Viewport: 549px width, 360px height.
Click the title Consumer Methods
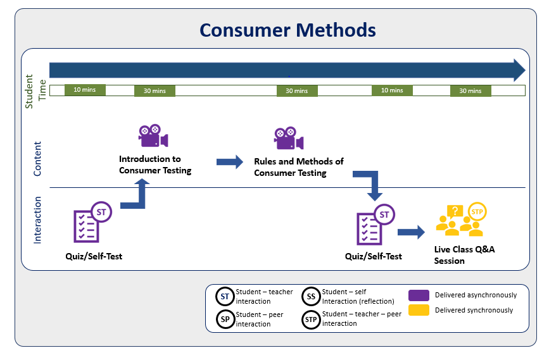[287, 30]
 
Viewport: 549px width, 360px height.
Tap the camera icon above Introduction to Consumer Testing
[153, 137]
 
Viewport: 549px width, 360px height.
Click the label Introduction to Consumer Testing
[155, 164]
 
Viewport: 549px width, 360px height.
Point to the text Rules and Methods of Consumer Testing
[298, 167]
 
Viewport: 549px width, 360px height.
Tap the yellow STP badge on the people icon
[477, 211]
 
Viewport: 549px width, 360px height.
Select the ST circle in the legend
[224, 296]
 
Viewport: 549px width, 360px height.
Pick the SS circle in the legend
[311, 296]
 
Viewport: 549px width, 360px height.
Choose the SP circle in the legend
[224, 320]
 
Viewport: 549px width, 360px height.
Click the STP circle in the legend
[311, 320]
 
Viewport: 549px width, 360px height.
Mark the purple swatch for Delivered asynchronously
[419, 295]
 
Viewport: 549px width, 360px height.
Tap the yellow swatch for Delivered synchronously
[419, 310]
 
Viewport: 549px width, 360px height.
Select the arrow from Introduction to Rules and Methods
[229, 162]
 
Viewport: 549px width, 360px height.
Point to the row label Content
[37, 158]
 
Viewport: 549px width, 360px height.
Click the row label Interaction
[37, 220]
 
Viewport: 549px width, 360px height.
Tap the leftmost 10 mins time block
[85, 90]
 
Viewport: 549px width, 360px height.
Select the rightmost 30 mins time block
[470, 90]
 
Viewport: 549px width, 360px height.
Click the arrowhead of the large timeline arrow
[519, 70]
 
